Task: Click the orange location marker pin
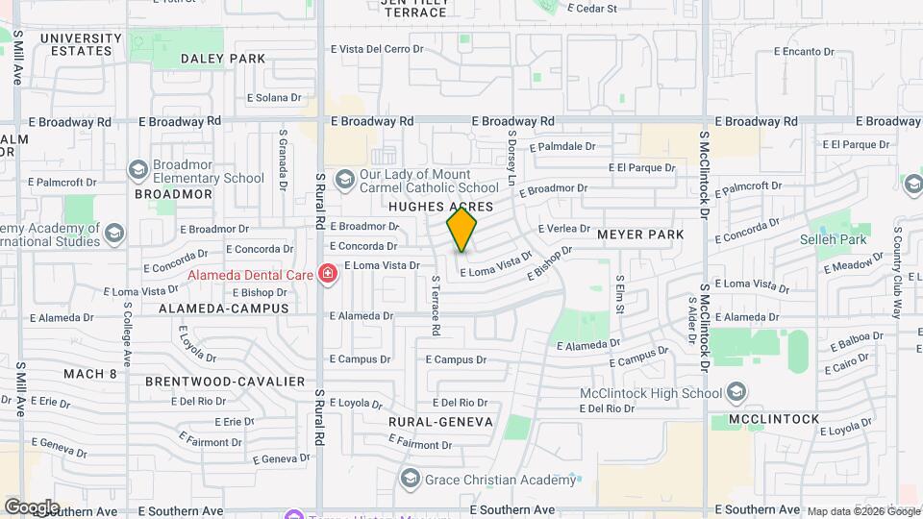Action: (x=462, y=231)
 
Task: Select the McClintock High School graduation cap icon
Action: (x=736, y=392)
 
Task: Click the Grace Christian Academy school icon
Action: (x=411, y=480)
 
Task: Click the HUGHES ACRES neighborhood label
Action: (x=441, y=207)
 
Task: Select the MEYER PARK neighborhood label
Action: (x=640, y=235)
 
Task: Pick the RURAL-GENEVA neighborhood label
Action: (x=440, y=422)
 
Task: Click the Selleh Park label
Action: (x=835, y=239)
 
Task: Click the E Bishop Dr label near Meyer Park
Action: (x=551, y=262)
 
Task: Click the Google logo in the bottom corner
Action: (x=32, y=507)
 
